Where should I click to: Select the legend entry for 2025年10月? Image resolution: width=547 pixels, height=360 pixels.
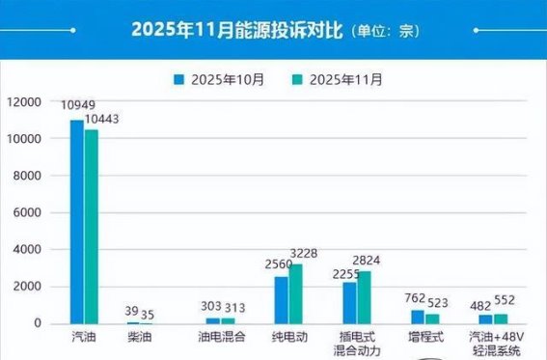tap(221, 79)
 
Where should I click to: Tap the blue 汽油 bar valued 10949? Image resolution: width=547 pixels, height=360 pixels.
tap(77, 221)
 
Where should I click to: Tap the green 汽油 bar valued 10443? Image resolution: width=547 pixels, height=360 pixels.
tap(92, 226)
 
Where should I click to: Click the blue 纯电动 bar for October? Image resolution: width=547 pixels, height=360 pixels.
tap(282, 299)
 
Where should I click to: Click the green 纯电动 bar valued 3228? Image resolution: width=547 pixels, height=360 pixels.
tap(296, 293)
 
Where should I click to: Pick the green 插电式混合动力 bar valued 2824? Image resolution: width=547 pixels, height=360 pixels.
tap(364, 297)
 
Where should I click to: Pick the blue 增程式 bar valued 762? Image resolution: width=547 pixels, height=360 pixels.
tap(417, 316)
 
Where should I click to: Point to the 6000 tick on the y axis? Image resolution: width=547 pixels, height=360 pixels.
tap(25, 212)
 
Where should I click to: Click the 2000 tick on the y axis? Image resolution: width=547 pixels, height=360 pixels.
tap(25, 287)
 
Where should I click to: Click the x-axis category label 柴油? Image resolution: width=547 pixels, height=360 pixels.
tap(140, 338)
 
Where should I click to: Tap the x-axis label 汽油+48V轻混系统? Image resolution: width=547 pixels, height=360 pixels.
tap(494, 345)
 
